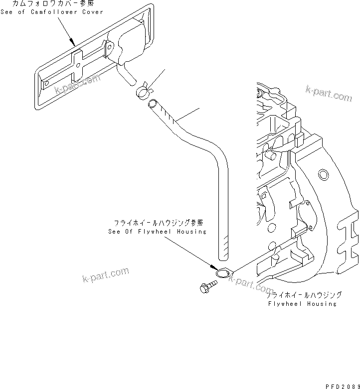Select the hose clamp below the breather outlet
(143, 90)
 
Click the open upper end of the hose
(152, 104)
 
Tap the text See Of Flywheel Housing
(157, 232)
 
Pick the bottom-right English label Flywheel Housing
(302, 304)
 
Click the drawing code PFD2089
(342, 386)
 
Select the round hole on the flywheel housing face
(323, 174)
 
